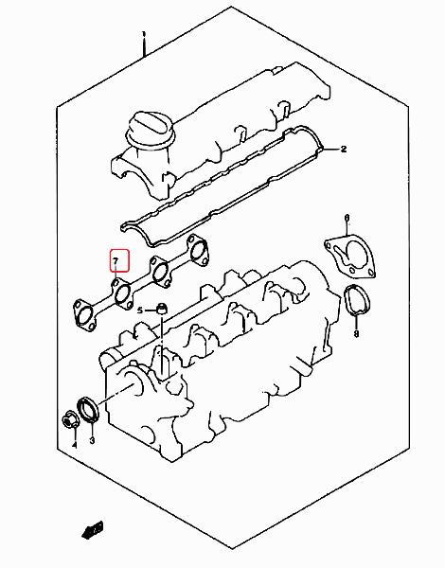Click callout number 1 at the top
[144, 35]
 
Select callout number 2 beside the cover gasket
[344, 149]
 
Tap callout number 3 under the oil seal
[92, 440]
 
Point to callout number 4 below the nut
[74, 445]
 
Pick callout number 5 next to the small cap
[140, 311]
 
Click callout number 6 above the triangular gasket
[347, 218]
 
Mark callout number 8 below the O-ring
[356, 333]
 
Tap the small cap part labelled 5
[162, 310]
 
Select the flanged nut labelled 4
[69, 420]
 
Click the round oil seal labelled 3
[88, 409]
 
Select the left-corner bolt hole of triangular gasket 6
[329, 246]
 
